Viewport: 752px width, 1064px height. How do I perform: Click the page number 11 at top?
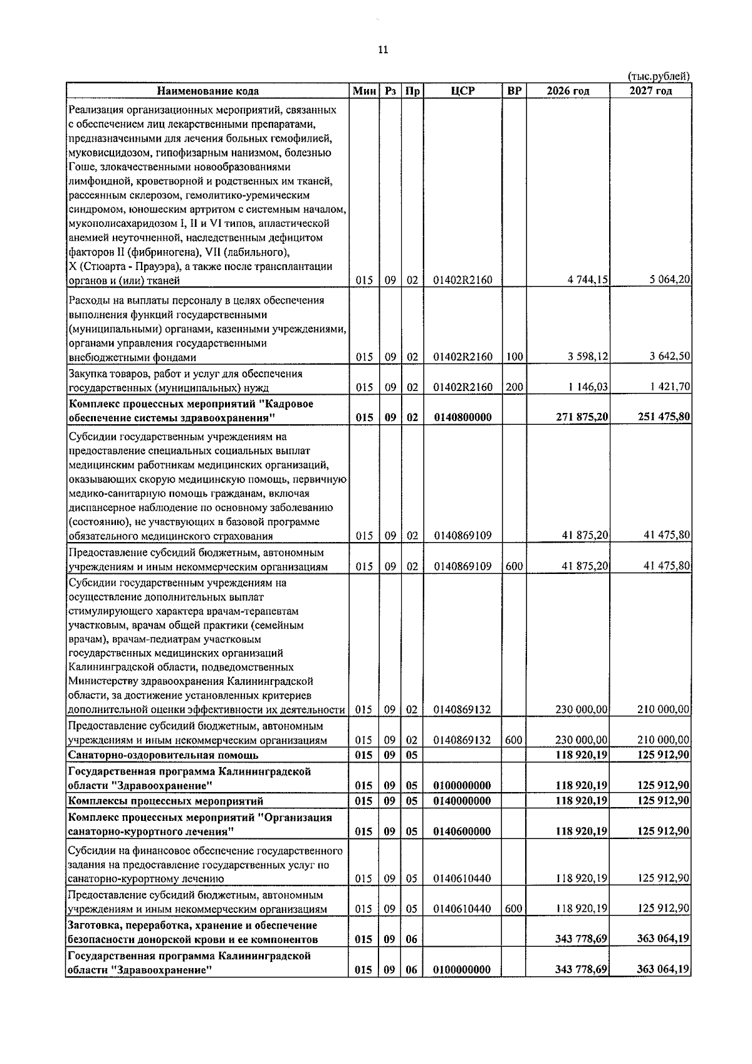(x=384, y=50)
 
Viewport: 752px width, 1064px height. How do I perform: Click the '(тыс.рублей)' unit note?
(x=659, y=76)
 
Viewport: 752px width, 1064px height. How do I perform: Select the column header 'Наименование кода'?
(x=207, y=91)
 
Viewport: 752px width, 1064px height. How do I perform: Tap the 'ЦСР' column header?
(x=462, y=91)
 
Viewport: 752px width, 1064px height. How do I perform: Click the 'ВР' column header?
(x=514, y=91)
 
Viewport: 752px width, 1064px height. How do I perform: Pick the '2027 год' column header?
(x=650, y=91)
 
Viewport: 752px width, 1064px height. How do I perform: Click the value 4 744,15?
(x=588, y=281)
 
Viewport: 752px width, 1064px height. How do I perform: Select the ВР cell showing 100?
(x=514, y=357)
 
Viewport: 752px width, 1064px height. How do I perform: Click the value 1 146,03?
(x=588, y=387)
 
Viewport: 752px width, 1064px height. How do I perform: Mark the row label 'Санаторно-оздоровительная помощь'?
(x=162, y=755)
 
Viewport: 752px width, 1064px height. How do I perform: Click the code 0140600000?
(x=462, y=832)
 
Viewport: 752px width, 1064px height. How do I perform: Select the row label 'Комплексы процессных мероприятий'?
(x=165, y=801)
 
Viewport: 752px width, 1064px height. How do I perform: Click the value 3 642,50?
(x=670, y=357)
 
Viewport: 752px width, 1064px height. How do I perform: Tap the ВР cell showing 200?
(x=514, y=387)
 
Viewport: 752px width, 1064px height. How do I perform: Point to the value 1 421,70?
(x=670, y=387)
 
